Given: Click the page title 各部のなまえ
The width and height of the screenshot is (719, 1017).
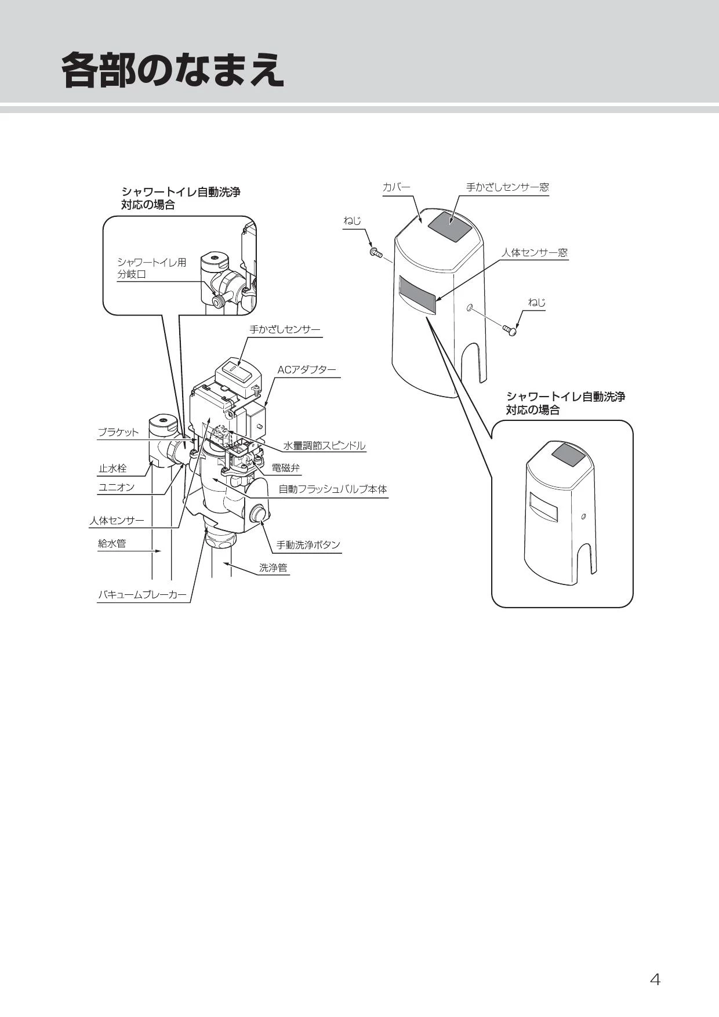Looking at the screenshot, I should click(173, 71).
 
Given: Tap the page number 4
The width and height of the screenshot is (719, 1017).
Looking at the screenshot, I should click(655, 979).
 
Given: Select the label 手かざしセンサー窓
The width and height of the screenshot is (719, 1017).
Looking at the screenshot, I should click(507, 187).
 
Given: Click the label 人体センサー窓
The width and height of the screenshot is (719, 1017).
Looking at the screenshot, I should click(534, 253).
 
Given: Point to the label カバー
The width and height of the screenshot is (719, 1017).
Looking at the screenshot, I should click(396, 187).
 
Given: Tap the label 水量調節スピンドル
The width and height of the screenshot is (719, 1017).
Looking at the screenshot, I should click(324, 446).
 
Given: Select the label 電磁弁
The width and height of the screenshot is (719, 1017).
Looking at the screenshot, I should click(286, 468).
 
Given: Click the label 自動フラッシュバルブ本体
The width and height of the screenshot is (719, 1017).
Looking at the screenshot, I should click(333, 489).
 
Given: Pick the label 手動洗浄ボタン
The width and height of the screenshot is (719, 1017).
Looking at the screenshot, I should click(308, 545).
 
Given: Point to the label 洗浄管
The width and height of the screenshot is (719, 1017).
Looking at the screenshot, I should click(273, 568).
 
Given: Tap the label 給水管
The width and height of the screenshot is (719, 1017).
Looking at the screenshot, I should click(112, 544).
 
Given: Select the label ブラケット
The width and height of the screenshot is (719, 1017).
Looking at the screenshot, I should click(118, 433).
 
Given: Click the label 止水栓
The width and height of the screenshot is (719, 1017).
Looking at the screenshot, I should click(112, 468).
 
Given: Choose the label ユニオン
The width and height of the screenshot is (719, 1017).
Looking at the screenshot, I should click(116, 487).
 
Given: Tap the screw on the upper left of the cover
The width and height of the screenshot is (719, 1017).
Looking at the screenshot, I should click(375, 253).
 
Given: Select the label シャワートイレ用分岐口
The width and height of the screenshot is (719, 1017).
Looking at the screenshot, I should click(152, 268).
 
